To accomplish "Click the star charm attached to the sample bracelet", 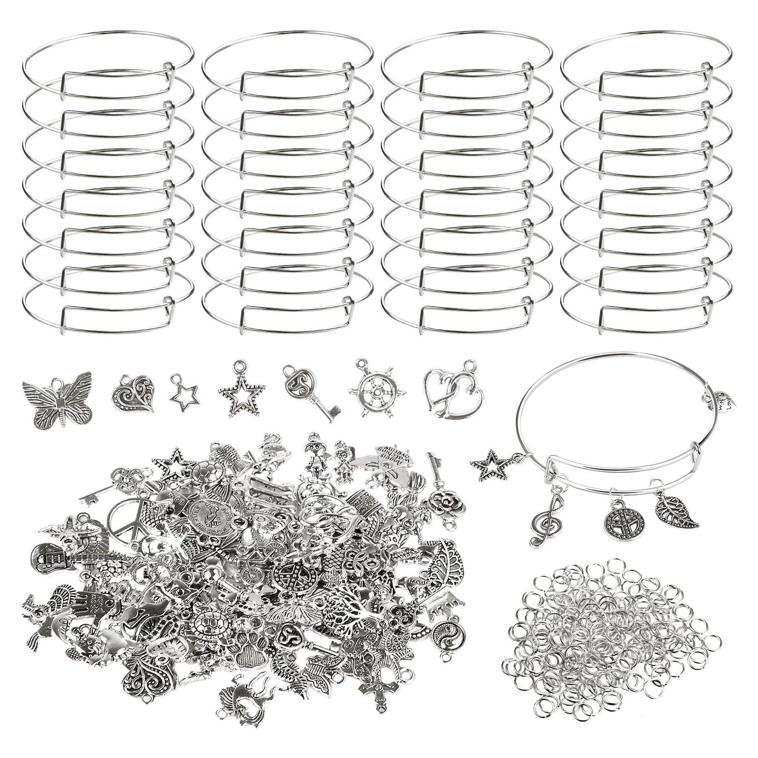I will pos(489,464).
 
